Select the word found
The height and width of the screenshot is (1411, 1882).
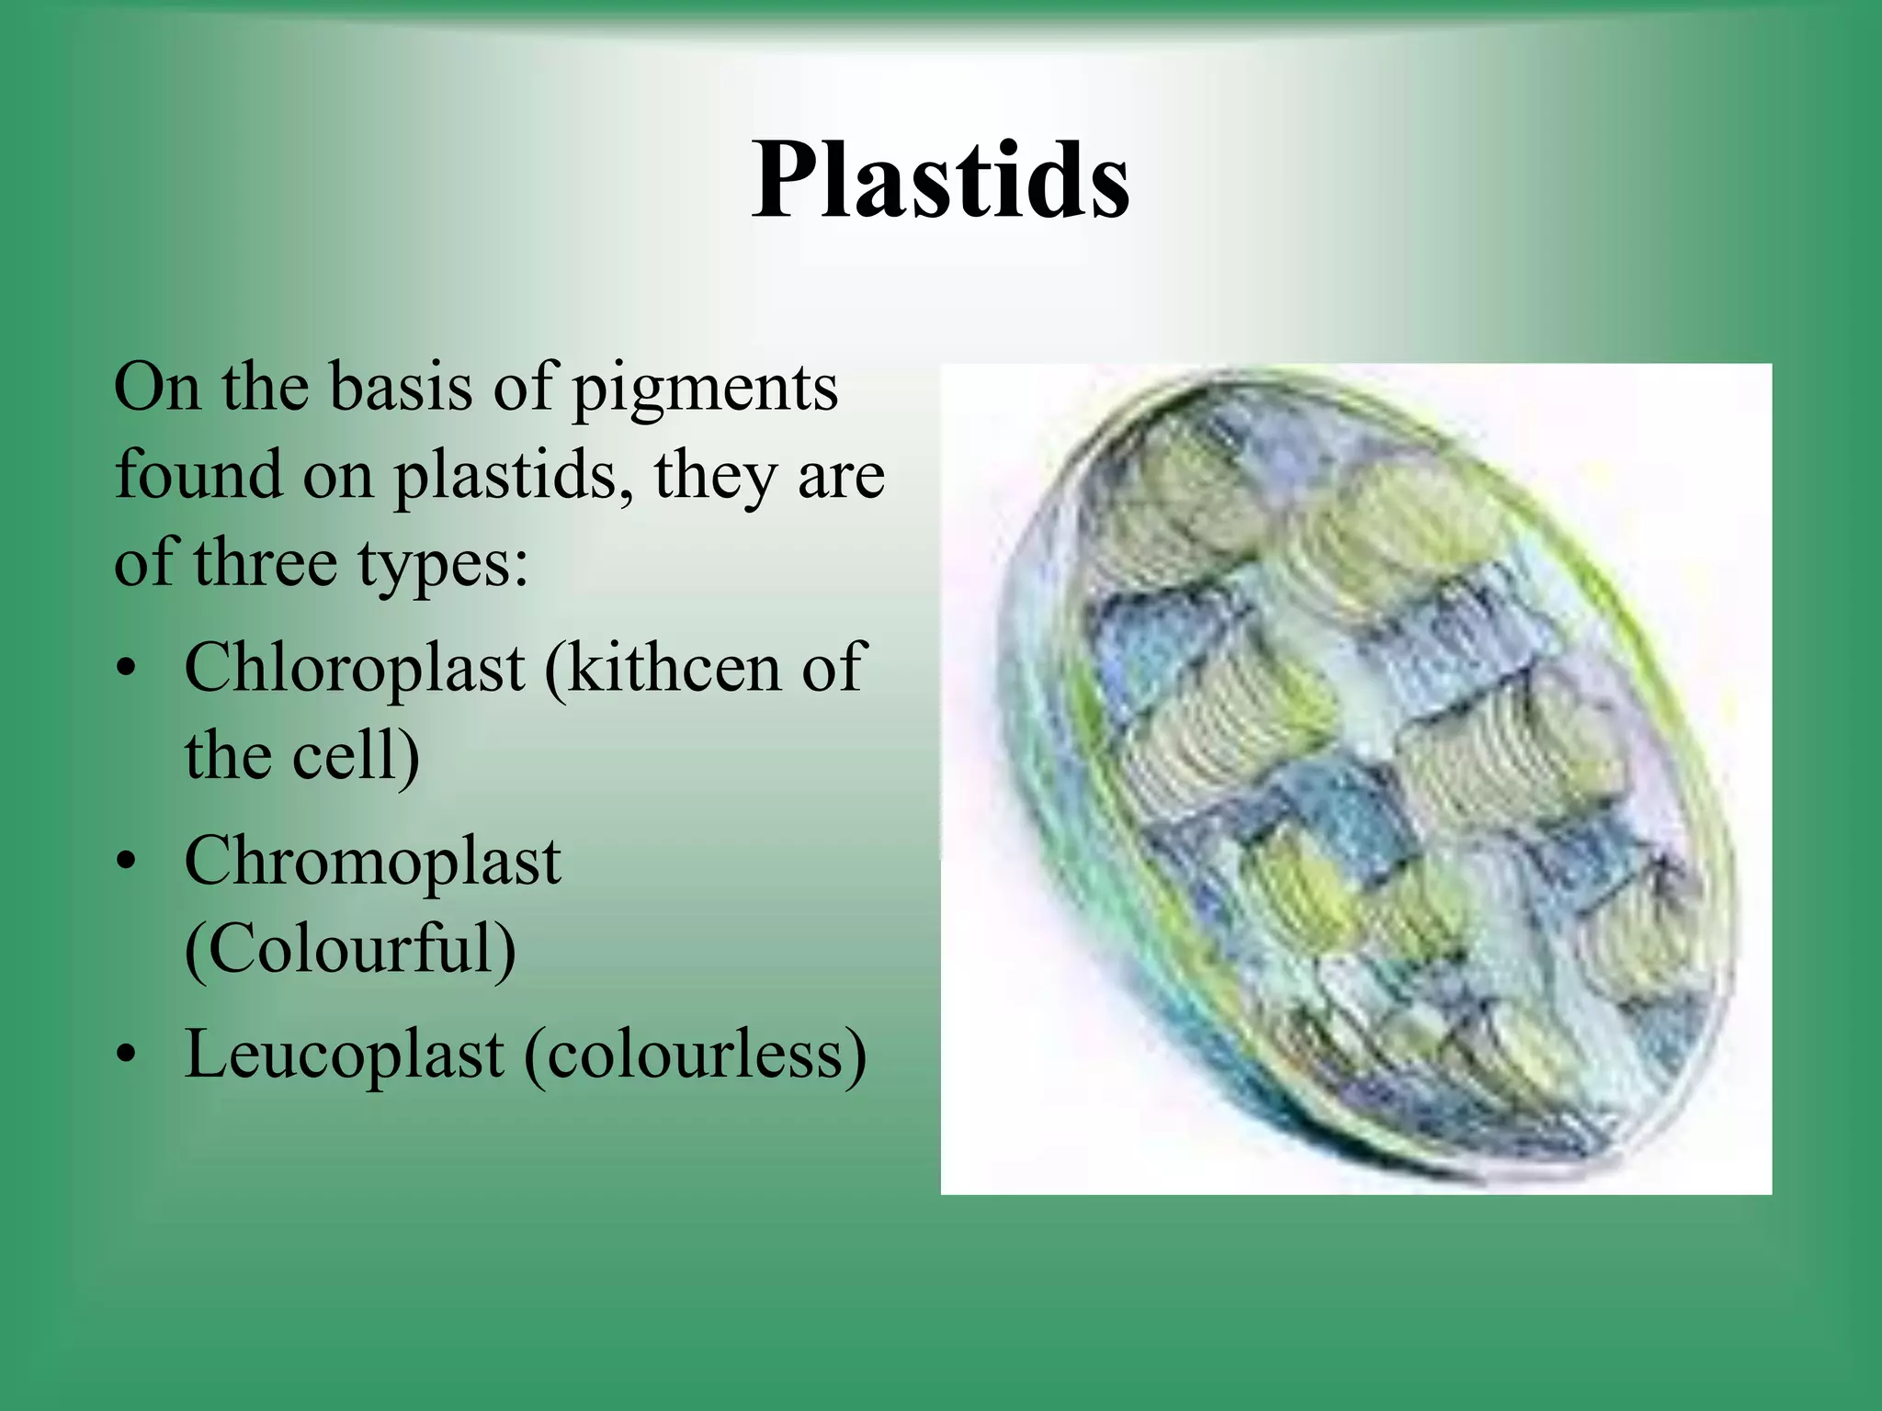(198, 475)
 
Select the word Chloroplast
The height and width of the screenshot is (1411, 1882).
(355, 668)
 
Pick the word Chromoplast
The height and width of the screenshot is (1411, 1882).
(372, 864)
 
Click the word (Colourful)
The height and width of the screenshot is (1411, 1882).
(350, 950)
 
